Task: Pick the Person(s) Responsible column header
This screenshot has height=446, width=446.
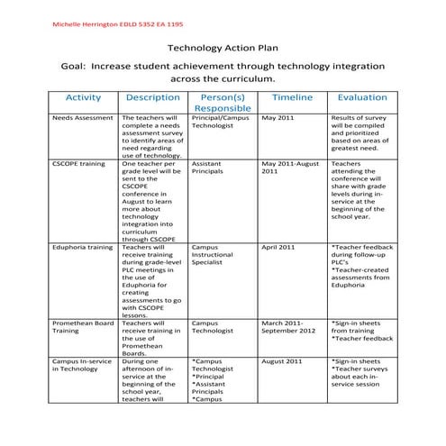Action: click(223, 103)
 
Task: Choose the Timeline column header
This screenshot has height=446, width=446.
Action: click(292, 97)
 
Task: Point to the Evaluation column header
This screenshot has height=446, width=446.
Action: click(362, 97)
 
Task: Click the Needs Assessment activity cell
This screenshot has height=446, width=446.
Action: click(81, 118)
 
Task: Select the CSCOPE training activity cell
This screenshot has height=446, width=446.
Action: click(81, 165)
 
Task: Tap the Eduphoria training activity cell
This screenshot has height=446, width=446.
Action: click(83, 247)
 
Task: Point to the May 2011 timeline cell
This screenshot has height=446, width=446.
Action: click(278, 118)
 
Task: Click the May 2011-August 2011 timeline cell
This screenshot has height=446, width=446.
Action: click(290, 168)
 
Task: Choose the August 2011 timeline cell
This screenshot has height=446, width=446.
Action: click(282, 360)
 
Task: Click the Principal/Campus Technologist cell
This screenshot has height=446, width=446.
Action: click(221, 122)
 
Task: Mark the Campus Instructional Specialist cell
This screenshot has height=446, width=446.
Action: click(216, 255)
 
